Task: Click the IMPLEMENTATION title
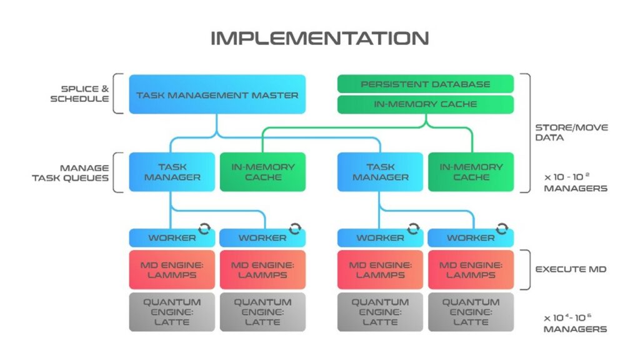[x=319, y=38]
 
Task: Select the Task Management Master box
[x=217, y=95]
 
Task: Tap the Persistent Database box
[x=425, y=84]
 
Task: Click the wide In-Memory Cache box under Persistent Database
[x=425, y=104]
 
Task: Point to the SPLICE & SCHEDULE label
[x=85, y=94]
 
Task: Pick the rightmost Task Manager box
[x=381, y=172]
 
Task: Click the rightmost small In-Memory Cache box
[x=471, y=172]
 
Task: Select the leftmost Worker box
[x=172, y=238]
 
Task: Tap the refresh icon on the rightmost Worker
[x=502, y=228]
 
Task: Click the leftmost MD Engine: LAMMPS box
[x=172, y=269]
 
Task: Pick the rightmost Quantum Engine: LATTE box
[x=471, y=312]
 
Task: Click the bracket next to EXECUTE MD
[x=526, y=269]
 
